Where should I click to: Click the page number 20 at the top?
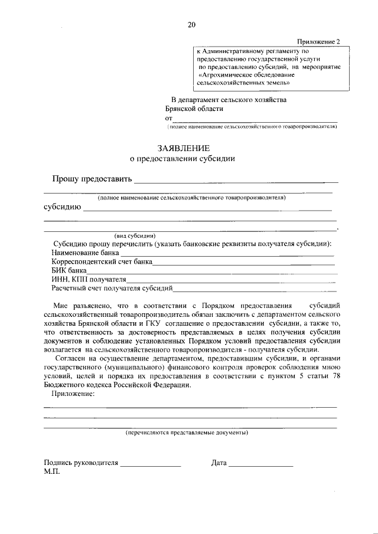click(x=191, y=24)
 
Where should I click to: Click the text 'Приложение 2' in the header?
click(x=318, y=42)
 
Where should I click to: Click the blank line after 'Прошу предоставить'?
click(x=236, y=180)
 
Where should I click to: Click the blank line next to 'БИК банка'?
click(x=213, y=271)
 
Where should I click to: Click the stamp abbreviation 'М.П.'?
click(x=52, y=473)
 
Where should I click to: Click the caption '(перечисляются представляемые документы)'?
click(x=187, y=433)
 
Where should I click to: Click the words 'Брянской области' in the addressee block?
click(x=194, y=109)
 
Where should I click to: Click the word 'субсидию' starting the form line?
click(x=61, y=207)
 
